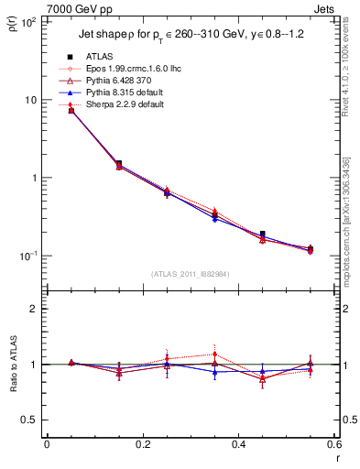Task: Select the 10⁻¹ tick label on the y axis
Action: point(27,256)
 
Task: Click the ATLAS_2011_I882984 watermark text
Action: point(191,273)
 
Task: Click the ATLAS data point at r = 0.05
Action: point(71,110)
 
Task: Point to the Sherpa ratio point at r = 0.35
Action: point(214,354)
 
